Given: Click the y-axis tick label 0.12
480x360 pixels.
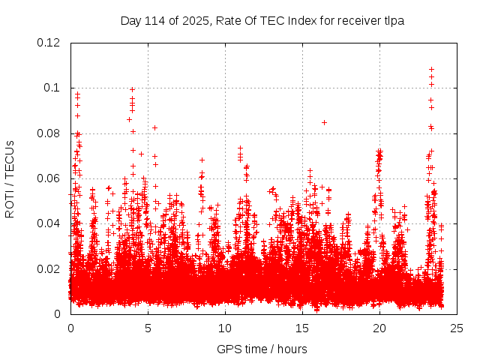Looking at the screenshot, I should click(x=49, y=43).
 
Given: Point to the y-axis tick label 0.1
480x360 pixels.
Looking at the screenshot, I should click(x=52, y=88).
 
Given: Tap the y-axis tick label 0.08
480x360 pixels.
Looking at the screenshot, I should click(x=49, y=133).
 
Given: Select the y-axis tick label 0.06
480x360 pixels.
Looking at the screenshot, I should click(x=49, y=178).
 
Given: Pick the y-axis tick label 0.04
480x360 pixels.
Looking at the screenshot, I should click(x=49, y=223).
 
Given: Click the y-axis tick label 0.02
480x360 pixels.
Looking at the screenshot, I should click(x=49, y=268).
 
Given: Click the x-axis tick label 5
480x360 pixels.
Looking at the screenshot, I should click(x=148, y=328).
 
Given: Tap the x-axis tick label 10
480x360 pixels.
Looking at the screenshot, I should click(x=225, y=328).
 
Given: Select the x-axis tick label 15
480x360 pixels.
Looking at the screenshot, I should click(x=302, y=328).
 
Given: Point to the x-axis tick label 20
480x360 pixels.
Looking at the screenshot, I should click(x=379, y=328).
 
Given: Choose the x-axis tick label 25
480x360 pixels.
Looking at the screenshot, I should click(x=457, y=328).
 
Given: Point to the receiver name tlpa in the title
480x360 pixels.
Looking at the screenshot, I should click(x=393, y=21).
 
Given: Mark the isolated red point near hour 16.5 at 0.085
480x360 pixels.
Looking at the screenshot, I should click(x=324, y=122).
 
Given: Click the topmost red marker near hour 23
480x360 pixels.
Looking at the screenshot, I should click(x=431, y=70).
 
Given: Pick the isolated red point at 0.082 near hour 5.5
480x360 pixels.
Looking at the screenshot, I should click(x=154, y=127).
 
